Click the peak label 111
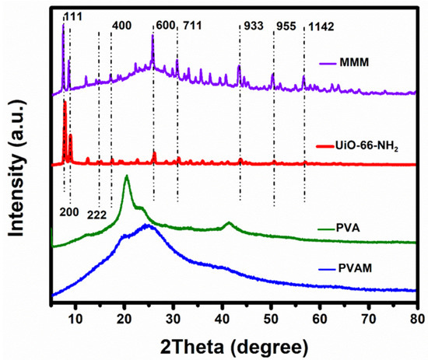point(73,16)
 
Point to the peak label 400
point(122,26)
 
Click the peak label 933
point(254,26)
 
